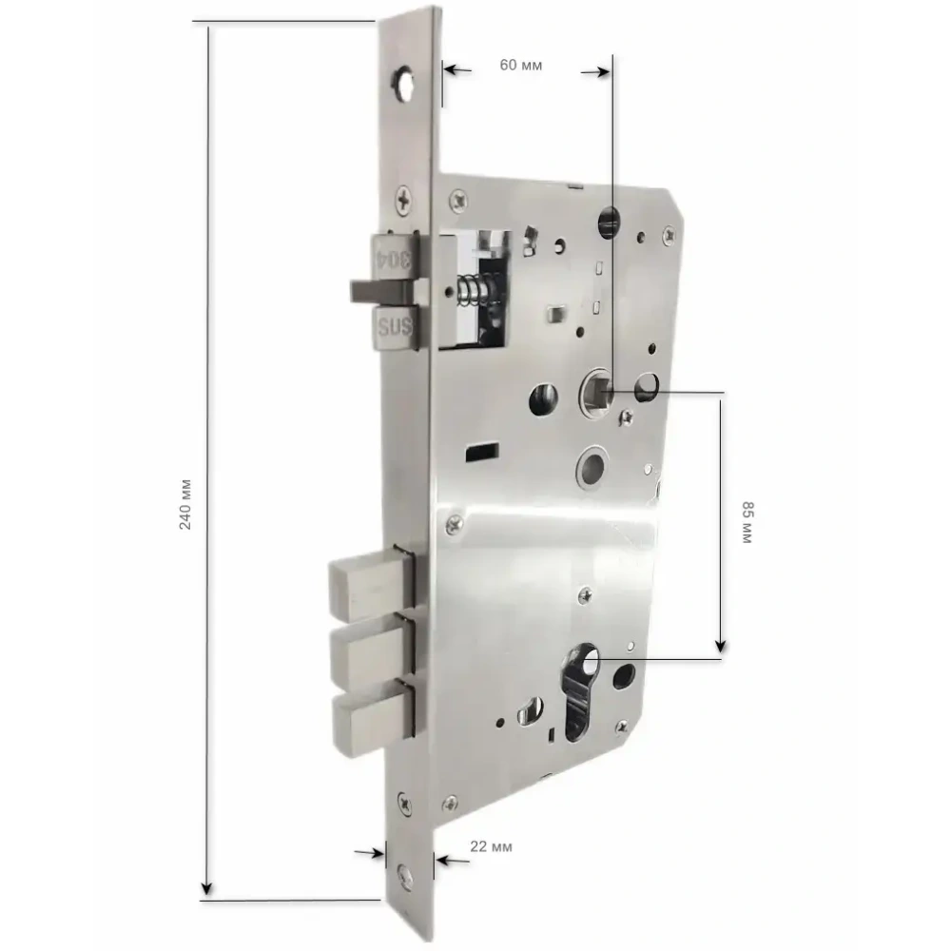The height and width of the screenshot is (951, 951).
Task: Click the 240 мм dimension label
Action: [x=185, y=505]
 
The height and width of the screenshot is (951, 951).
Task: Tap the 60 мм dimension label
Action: [x=521, y=65]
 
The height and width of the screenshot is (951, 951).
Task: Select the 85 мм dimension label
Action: [x=747, y=522]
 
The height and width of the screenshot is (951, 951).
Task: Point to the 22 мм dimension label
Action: [x=491, y=846]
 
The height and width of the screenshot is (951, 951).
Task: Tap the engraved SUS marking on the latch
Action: [x=395, y=328]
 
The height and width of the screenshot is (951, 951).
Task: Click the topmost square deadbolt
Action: [x=371, y=583]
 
